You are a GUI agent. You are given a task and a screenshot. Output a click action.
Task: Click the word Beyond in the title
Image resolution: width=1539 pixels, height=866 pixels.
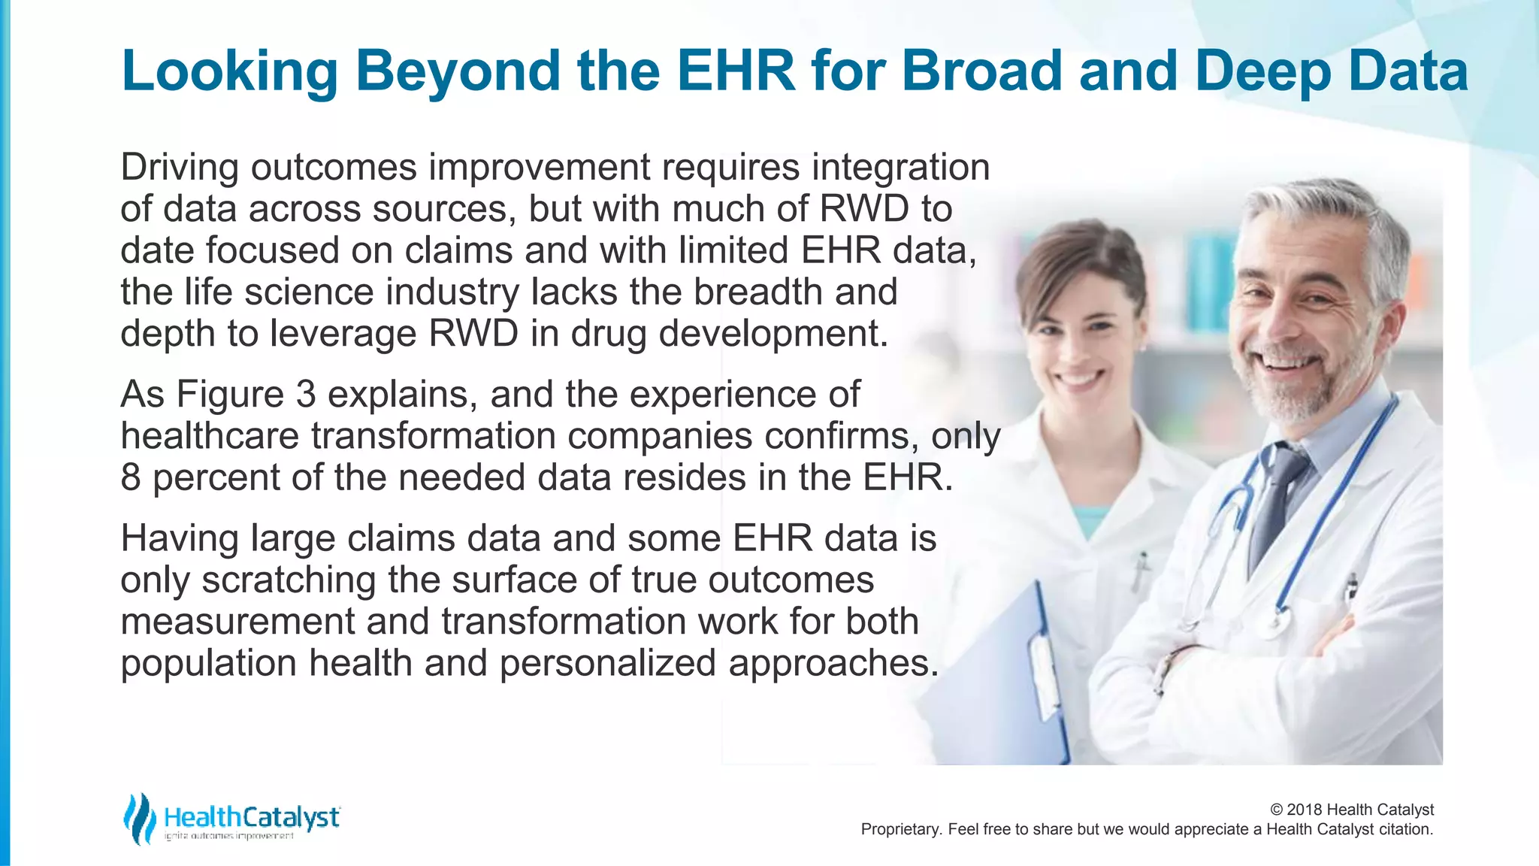click(x=458, y=71)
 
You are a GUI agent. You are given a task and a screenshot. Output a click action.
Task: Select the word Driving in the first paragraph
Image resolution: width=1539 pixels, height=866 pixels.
click(x=180, y=167)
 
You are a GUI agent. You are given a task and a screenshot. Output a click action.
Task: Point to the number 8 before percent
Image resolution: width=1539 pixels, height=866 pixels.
click(x=131, y=477)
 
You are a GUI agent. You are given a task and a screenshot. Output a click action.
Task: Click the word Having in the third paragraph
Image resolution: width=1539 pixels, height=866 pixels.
click(x=180, y=538)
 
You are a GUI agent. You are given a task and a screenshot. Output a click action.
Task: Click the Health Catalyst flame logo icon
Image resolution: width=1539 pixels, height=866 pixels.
click(x=139, y=818)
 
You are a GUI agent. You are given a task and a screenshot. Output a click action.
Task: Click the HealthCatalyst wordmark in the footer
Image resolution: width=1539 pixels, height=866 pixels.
click(x=252, y=817)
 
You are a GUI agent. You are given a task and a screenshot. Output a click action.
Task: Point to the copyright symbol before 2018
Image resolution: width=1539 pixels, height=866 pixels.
click(x=1276, y=810)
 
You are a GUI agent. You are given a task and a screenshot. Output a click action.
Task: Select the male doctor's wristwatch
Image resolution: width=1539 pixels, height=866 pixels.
click(x=1167, y=668)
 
